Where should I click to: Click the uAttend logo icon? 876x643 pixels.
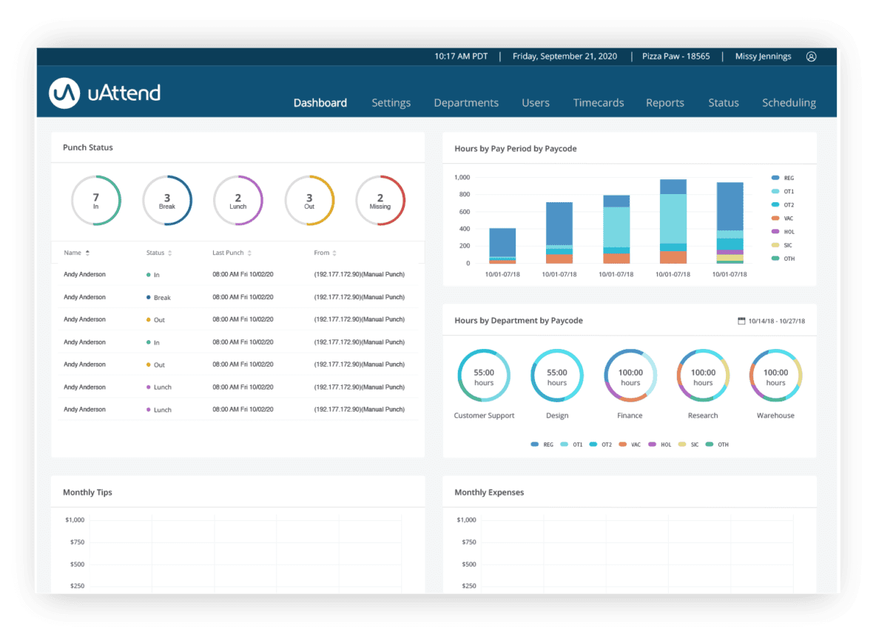[64, 92]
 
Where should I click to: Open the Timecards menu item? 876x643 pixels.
[598, 103]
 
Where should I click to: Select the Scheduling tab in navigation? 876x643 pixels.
[789, 103]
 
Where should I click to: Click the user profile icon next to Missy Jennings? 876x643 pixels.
[811, 56]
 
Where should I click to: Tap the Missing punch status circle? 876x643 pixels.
[380, 201]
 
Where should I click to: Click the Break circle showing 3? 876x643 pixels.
[167, 201]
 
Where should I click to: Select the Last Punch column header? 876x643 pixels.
[229, 253]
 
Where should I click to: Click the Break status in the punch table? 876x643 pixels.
[162, 298]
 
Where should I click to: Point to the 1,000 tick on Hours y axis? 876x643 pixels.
[462, 178]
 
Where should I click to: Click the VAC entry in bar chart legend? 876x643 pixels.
[789, 219]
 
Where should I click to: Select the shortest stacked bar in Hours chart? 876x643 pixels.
[503, 245]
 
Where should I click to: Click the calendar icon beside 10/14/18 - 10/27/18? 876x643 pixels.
[741, 321]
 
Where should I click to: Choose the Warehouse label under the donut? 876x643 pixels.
[775, 416]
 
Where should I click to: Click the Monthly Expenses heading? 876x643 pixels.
[489, 492]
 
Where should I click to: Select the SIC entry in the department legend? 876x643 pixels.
[694, 444]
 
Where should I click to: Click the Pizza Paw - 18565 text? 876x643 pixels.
[676, 56]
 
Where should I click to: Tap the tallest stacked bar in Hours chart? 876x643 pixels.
[673, 221]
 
